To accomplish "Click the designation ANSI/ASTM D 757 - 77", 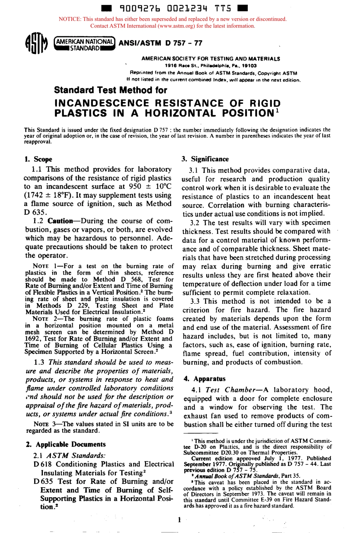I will click(x=160, y=43).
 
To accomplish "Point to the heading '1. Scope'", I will click(x=38, y=159).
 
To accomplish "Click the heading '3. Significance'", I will click(x=205, y=159).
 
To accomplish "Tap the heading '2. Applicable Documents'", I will click(x=66, y=444).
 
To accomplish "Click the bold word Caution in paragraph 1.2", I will click(x=60, y=221).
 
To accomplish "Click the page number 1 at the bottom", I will click(x=179, y=520).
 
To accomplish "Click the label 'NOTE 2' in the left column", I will click(x=48, y=319).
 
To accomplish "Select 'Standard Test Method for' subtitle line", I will click(x=111, y=90).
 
